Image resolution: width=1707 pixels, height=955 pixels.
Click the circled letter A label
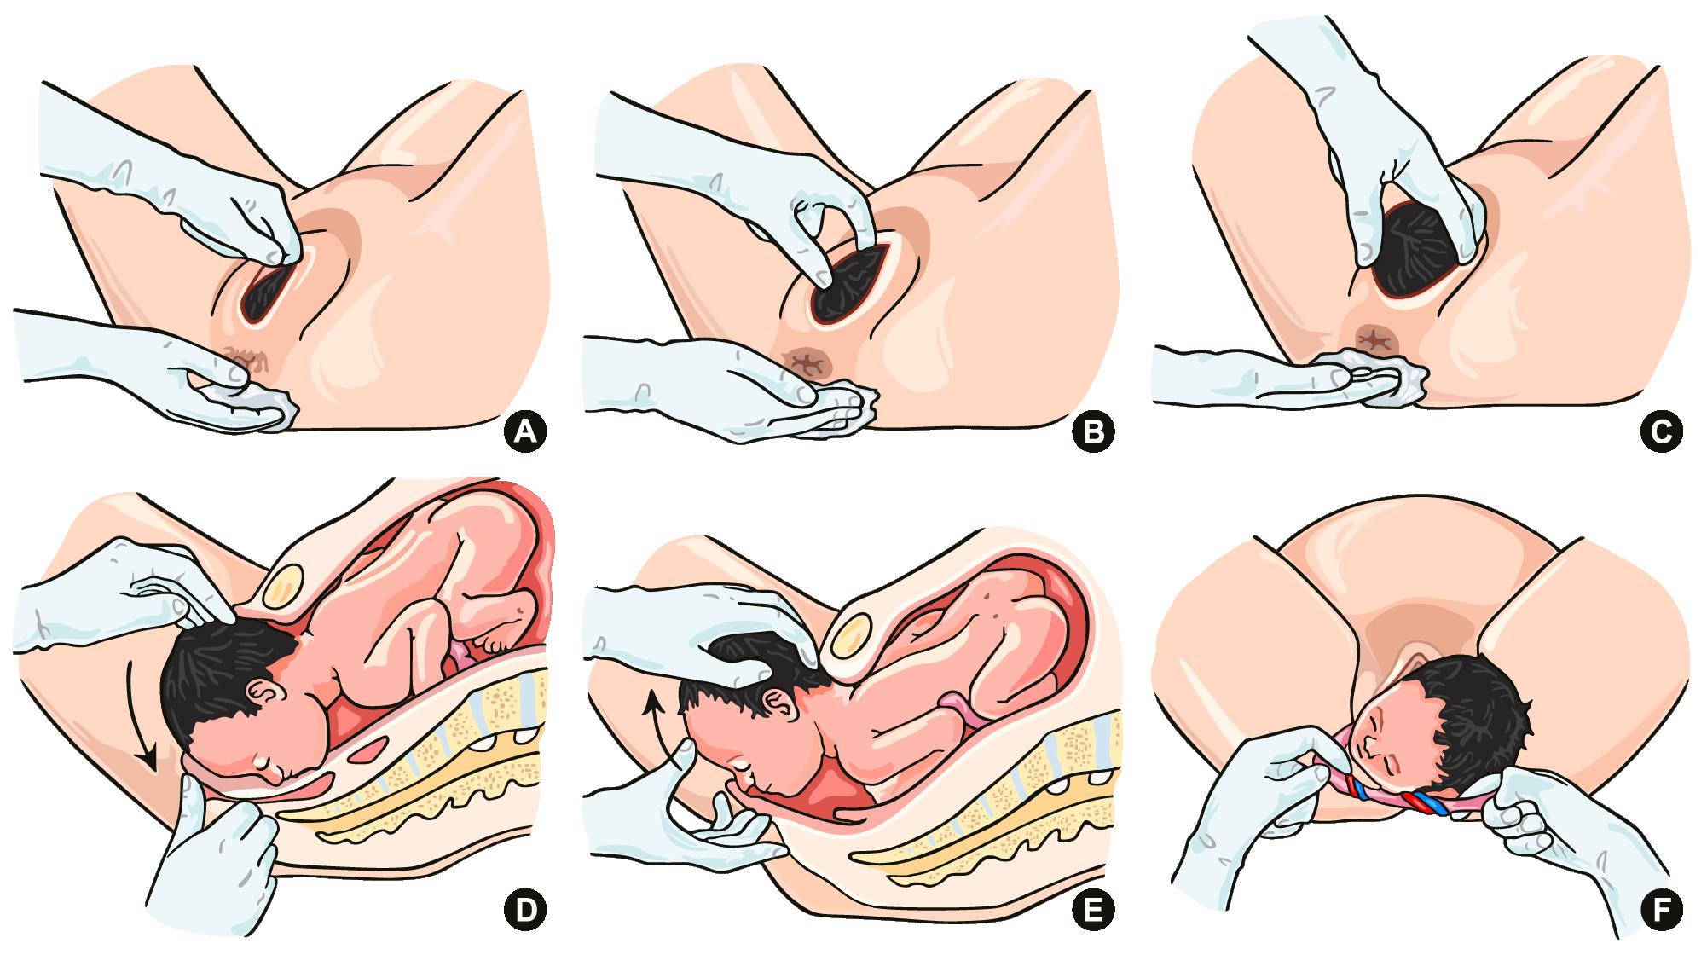tap(524, 431)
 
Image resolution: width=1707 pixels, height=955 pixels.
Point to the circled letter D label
tap(524, 912)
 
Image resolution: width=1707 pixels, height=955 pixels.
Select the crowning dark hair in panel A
tap(267, 295)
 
